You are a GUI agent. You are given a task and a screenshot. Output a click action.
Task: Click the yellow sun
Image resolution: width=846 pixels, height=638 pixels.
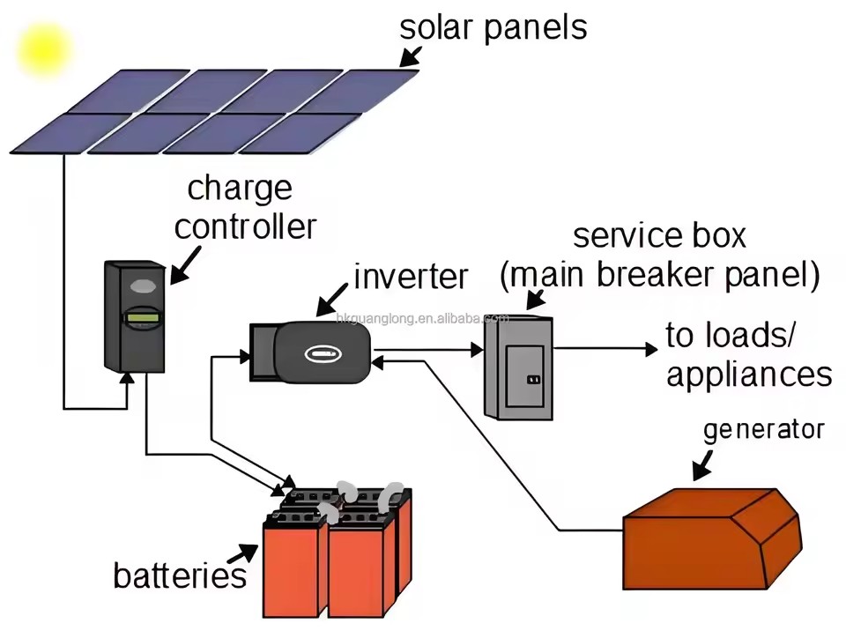44,50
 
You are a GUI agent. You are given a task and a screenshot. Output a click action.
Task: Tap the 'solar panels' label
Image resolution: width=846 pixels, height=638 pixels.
493,27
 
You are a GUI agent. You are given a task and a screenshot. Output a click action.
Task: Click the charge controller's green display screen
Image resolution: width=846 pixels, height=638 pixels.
143,317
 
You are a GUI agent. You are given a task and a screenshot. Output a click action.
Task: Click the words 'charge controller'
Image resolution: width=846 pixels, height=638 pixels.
245,208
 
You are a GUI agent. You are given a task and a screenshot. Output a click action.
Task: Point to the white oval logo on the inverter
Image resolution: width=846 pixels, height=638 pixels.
323,353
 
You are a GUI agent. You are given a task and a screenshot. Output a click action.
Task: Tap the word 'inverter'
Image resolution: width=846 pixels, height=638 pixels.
411,277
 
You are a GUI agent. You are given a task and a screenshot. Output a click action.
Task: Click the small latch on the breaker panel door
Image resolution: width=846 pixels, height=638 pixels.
533,380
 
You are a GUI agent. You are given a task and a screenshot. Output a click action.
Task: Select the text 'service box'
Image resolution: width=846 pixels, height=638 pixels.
659,235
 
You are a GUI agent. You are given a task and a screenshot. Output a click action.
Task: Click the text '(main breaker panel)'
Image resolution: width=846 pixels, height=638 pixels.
659,275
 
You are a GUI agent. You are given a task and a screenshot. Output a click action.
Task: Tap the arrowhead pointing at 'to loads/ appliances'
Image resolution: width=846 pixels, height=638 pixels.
651,349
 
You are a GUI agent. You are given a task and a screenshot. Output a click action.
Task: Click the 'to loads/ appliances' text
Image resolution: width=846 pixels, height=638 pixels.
748,354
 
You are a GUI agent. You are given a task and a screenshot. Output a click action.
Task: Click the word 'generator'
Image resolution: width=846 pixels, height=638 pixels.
763,430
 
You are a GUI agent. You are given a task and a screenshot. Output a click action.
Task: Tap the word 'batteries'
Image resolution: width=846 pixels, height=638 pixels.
180,575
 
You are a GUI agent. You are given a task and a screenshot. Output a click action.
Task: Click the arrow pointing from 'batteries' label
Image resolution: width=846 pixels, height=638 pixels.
242,554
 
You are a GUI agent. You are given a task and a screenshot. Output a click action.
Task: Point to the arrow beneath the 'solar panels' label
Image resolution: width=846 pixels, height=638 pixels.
411,56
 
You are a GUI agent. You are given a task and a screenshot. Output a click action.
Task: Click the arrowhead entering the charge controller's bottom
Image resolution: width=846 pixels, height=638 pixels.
127,377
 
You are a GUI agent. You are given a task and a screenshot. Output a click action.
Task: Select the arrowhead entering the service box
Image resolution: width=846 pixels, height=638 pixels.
477,350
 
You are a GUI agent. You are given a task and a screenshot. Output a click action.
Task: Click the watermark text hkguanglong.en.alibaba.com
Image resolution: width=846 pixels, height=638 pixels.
422,318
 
